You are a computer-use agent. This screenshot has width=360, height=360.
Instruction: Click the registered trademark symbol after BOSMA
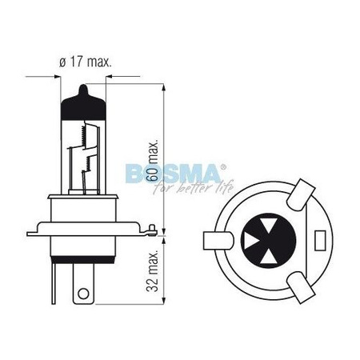(x=224, y=165)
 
